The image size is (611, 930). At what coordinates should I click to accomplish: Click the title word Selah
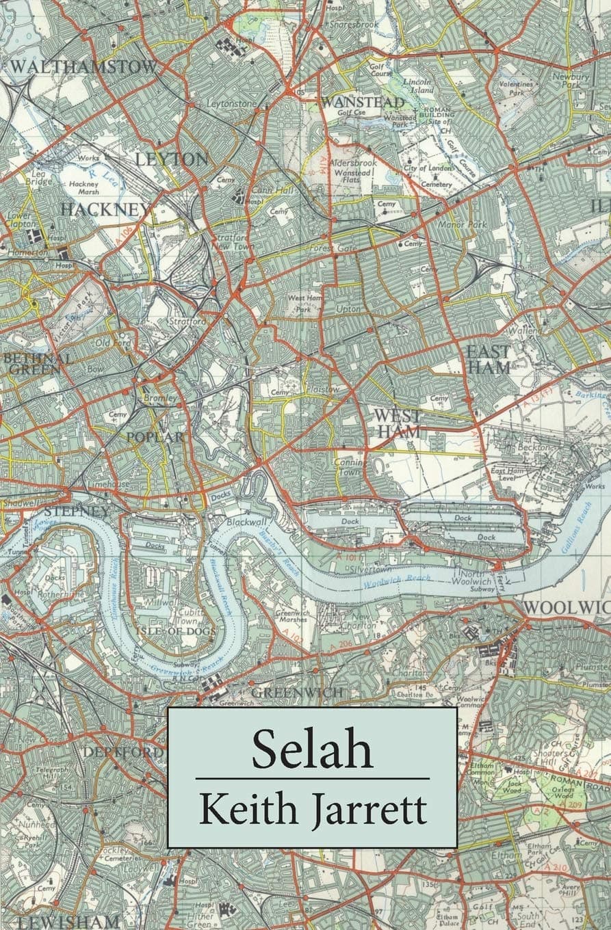coord(312,749)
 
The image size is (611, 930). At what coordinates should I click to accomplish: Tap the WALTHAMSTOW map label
coord(83,67)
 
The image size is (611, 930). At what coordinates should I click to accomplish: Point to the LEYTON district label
coord(172,159)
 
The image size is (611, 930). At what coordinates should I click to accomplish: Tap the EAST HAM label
coord(488,358)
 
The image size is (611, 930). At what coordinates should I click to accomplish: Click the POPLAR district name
coord(154,437)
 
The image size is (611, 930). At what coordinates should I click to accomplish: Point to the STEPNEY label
coord(75,511)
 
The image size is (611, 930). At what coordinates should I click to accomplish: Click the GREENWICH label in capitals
coord(297,693)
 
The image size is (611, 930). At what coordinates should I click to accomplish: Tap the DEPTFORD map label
coord(123,752)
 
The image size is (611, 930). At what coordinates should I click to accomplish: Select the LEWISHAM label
coord(68,921)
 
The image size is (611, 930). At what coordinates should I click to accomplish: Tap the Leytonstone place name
coord(232,103)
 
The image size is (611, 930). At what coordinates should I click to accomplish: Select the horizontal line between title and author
coord(312,778)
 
